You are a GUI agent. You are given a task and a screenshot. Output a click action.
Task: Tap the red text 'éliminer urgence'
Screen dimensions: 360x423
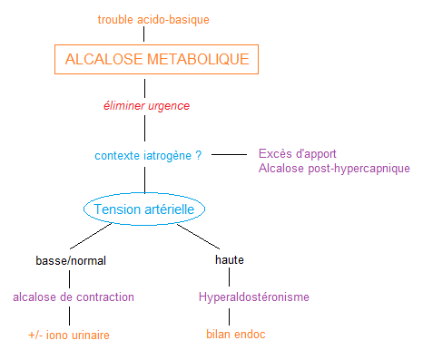pyautogui.click(x=145, y=106)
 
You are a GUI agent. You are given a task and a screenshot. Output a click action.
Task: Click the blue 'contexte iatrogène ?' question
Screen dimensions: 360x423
pyautogui.click(x=148, y=155)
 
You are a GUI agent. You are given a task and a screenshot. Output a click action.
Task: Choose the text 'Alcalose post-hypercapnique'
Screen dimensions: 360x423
pyautogui.click(x=334, y=169)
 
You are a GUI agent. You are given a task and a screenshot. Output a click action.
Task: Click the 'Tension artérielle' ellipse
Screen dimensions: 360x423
pyautogui.click(x=145, y=209)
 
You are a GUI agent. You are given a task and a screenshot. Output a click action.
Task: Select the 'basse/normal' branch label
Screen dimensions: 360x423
pyautogui.click(x=71, y=260)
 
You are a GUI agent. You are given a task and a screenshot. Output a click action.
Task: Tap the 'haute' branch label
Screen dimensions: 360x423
pyautogui.click(x=230, y=260)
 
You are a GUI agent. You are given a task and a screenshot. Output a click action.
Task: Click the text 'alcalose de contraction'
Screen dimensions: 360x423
pyautogui.click(x=74, y=297)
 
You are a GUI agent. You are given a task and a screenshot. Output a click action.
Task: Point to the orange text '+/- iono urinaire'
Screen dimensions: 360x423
pyautogui.click(x=69, y=335)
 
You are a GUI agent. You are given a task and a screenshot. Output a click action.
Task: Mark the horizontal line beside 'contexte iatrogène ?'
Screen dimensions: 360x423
pyautogui.click(x=229, y=154)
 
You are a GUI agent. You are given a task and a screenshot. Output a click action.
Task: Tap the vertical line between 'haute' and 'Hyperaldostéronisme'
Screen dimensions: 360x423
pyautogui.click(x=230, y=277)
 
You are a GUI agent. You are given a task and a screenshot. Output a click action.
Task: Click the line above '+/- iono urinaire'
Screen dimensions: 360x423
pyautogui.click(x=70, y=316)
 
